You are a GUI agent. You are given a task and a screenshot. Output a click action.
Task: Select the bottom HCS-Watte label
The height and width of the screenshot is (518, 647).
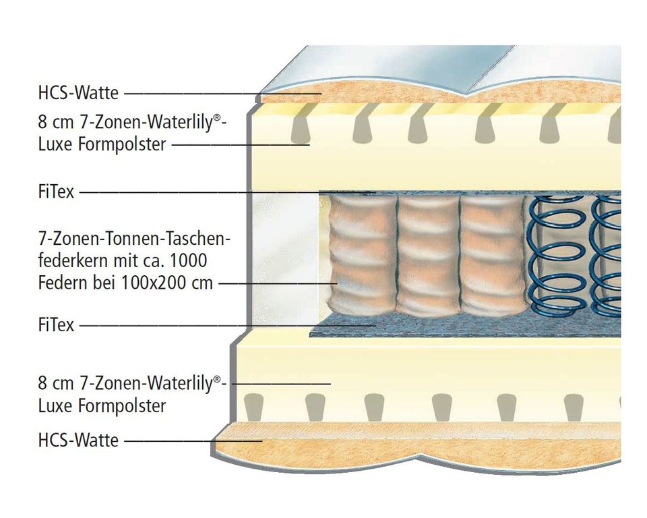(79, 441)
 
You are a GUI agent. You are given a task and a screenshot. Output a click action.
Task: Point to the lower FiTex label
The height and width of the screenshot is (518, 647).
(57, 325)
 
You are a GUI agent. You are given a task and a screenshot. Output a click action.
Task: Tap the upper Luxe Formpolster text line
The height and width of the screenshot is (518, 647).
(102, 144)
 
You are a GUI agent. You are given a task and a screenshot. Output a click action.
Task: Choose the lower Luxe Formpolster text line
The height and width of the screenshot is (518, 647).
(102, 406)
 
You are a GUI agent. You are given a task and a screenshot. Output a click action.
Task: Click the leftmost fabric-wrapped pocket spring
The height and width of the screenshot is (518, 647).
(361, 256)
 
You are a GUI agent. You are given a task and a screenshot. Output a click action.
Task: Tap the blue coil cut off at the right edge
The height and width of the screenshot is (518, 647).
(609, 256)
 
